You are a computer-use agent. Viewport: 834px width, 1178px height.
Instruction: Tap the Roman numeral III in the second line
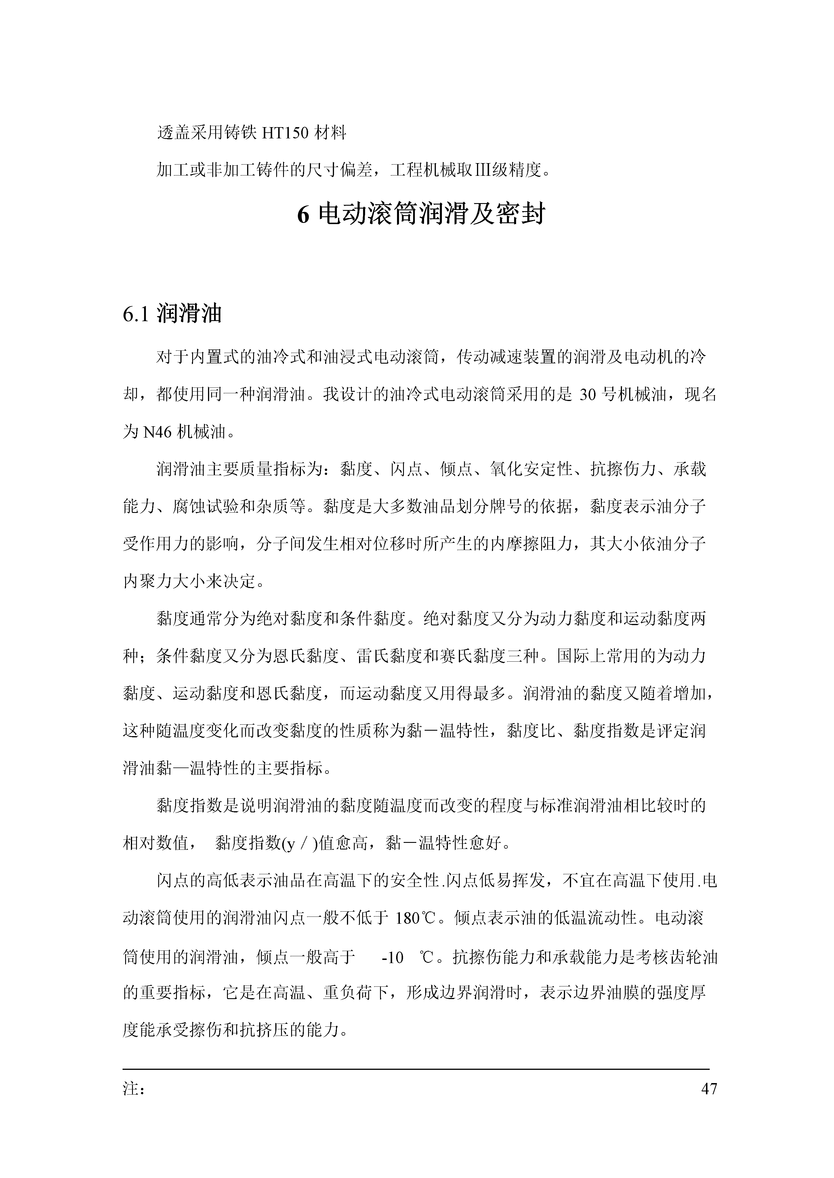pyautogui.click(x=482, y=170)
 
